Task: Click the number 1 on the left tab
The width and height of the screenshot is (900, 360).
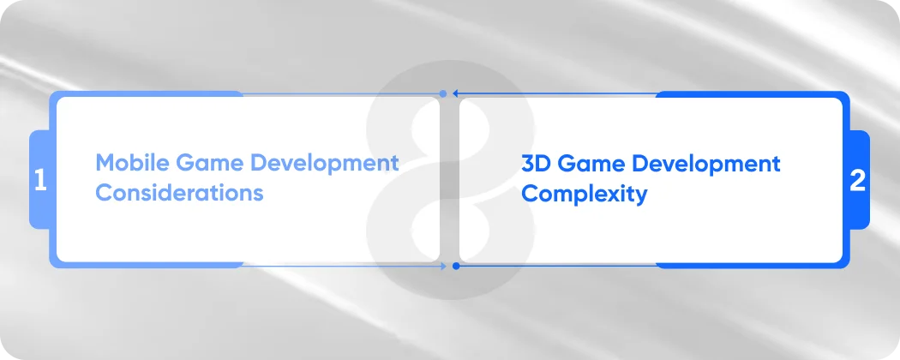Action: click(40, 180)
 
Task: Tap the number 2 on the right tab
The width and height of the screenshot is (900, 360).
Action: click(858, 180)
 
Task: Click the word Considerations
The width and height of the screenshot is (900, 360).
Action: click(179, 192)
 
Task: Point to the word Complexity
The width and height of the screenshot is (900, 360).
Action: click(584, 195)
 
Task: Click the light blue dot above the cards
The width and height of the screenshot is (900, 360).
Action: click(442, 93)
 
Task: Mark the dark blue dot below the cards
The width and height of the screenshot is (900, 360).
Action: click(456, 266)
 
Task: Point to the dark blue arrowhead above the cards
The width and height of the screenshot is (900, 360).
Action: click(457, 93)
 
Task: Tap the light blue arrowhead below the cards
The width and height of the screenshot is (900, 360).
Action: click(442, 266)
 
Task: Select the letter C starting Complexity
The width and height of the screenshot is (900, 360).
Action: click(531, 194)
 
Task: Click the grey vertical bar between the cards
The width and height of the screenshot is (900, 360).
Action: click(450, 179)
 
